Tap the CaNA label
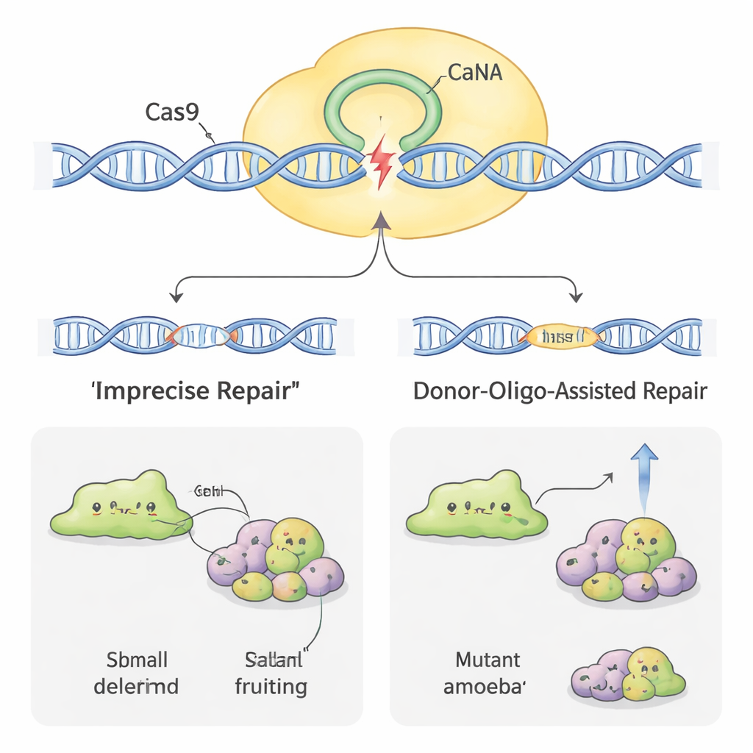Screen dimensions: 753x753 point(474,74)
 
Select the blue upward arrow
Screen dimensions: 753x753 point(644,478)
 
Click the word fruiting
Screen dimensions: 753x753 point(271,687)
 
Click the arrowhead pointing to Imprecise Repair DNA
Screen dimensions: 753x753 point(176,296)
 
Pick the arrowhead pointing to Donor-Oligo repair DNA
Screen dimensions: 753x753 point(577,296)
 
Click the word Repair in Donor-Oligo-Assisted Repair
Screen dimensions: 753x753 point(671,390)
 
